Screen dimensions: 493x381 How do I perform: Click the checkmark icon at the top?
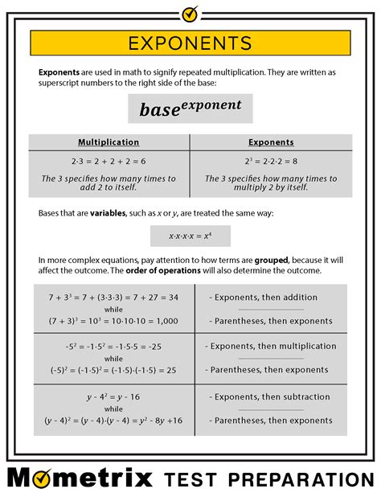[x=190, y=13]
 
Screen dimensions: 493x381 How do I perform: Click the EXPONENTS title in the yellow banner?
[x=190, y=43]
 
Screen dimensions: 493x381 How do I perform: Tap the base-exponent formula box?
[x=190, y=108]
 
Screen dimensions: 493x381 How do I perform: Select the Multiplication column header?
[x=109, y=142]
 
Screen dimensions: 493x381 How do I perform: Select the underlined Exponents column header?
[x=271, y=142]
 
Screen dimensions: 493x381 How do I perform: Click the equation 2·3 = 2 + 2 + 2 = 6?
[x=109, y=161]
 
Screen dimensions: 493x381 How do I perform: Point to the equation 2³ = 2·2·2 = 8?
[x=271, y=161]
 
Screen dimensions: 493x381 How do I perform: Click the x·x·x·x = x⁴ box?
[x=190, y=236]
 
